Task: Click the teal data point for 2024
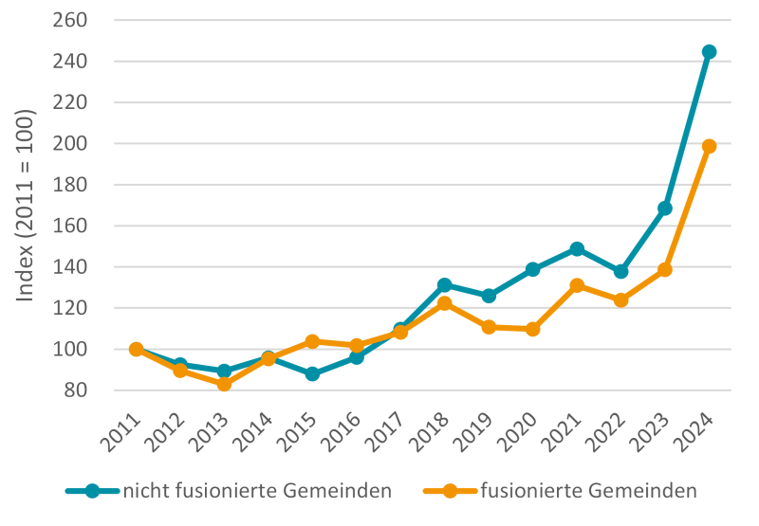(x=709, y=52)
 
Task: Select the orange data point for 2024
(x=709, y=146)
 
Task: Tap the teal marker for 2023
(x=665, y=209)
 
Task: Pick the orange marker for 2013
(x=224, y=384)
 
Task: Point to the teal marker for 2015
(x=312, y=374)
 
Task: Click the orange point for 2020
(x=532, y=329)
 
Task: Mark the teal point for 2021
(x=577, y=248)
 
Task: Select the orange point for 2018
(x=444, y=303)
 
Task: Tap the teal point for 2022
(x=620, y=271)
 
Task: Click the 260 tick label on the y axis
(x=70, y=20)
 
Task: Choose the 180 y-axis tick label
(x=70, y=185)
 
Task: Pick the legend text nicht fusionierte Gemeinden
(x=258, y=490)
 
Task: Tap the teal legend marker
(x=92, y=490)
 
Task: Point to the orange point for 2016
(x=356, y=346)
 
